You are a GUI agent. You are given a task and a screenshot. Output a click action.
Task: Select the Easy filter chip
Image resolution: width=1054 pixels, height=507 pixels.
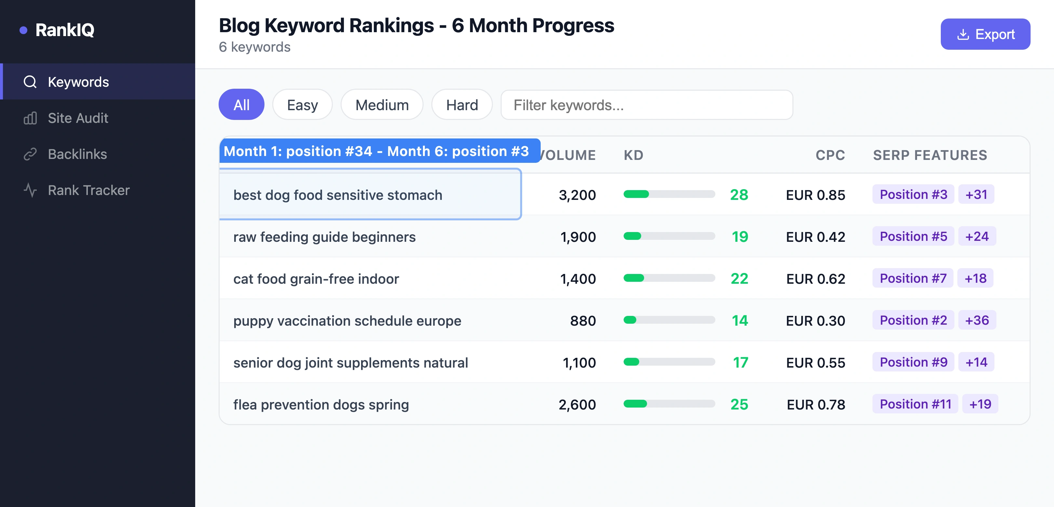tap(302, 105)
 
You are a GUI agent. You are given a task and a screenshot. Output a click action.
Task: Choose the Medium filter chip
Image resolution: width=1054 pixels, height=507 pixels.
tap(382, 105)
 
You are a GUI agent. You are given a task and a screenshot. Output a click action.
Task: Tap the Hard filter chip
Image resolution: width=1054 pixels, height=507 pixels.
tap(462, 105)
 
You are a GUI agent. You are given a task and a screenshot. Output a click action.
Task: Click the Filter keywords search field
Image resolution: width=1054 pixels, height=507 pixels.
tap(646, 105)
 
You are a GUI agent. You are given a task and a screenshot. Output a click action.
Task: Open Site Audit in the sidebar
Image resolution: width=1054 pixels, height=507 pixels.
tap(78, 118)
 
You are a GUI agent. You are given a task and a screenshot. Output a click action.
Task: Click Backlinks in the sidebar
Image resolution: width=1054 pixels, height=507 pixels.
tap(77, 154)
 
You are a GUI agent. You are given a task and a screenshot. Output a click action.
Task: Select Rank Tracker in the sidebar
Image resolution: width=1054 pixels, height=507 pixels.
tap(88, 190)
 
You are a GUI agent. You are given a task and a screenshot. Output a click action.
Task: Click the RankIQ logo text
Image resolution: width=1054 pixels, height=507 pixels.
tap(65, 30)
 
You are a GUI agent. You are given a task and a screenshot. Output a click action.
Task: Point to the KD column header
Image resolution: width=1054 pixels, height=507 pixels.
tap(633, 155)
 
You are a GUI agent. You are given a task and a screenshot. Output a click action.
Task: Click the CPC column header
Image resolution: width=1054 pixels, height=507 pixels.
tap(830, 155)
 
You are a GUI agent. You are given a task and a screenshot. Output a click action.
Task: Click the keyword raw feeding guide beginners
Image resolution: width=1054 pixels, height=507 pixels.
tap(324, 237)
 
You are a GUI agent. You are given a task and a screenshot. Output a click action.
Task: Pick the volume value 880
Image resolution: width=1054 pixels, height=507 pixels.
tap(583, 321)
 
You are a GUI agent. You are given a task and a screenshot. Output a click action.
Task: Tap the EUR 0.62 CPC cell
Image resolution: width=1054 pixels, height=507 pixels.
tap(816, 279)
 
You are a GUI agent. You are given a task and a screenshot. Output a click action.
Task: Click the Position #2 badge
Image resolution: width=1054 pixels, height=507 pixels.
tap(913, 320)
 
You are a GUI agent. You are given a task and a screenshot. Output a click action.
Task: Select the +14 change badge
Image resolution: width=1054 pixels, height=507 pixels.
tap(976, 362)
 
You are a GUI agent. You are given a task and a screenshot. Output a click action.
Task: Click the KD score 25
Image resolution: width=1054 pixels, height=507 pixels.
tap(739, 404)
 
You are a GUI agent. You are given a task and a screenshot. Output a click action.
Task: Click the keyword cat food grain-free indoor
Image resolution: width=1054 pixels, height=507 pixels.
tap(316, 279)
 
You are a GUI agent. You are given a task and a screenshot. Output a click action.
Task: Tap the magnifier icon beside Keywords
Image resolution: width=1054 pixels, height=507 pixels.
tap(30, 82)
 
